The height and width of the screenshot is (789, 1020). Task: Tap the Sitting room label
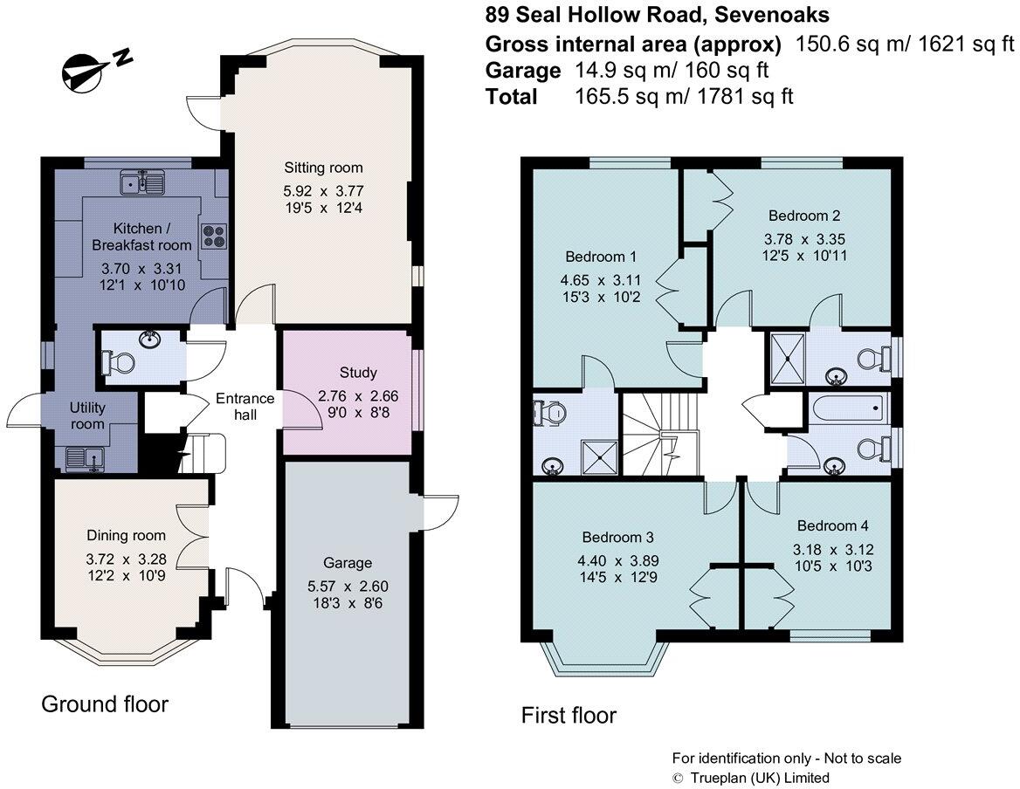coord(323,168)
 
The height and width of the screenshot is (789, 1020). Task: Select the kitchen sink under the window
coord(145,182)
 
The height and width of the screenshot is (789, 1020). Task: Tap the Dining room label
coord(127,535)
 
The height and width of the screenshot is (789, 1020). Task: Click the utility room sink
coord(85,455)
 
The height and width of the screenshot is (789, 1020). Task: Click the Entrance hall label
coord(245,406)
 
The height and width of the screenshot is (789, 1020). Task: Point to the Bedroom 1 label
coord(601,257)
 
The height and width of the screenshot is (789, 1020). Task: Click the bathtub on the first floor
coord(847,408)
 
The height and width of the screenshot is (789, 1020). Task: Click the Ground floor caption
coord(105,703)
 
